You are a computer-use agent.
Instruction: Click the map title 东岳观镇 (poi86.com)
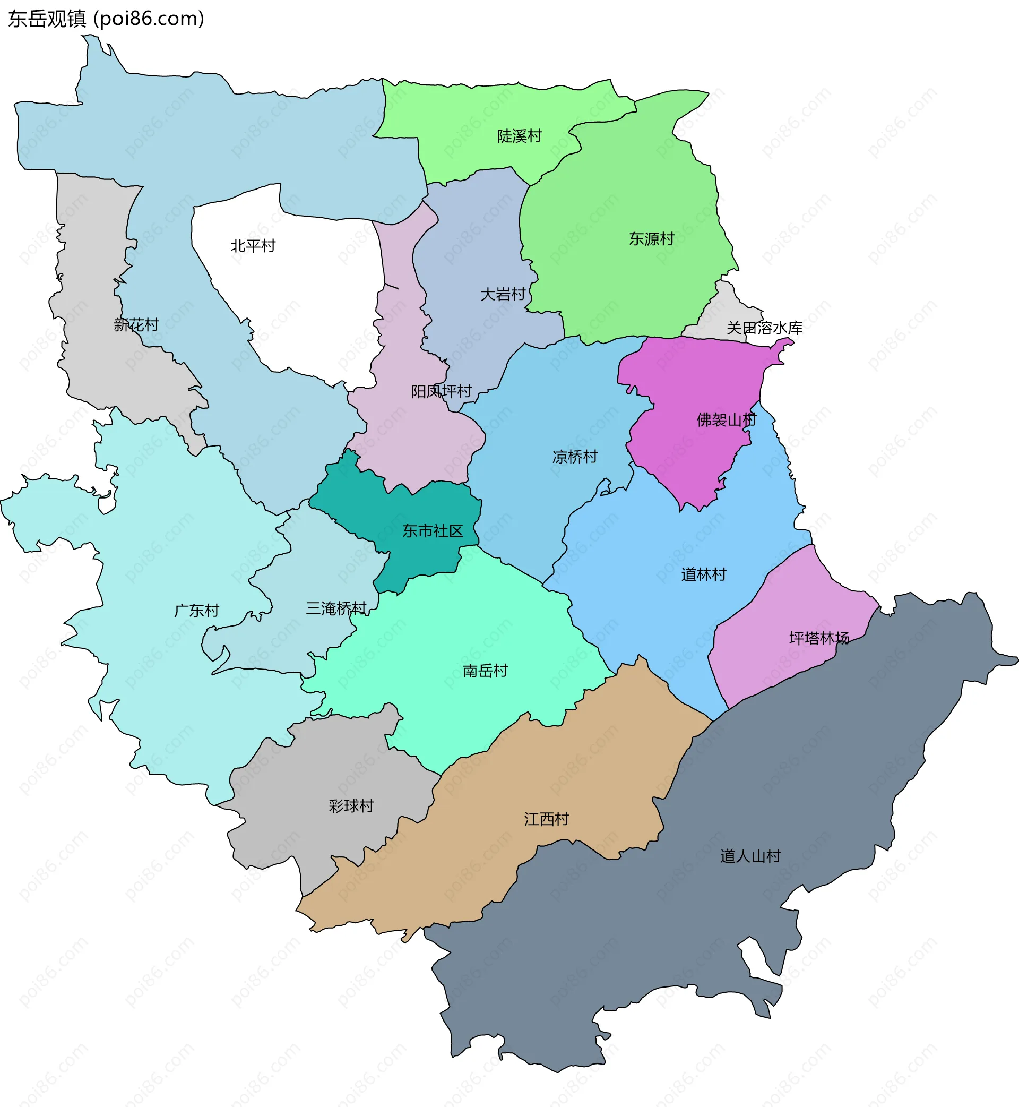[x=106, y=19]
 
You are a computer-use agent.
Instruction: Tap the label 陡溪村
[x=520, y=136]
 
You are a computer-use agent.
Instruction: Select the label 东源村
[x=651, y=239]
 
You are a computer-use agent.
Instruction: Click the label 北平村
[x=253, y=246]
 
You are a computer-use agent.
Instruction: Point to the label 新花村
[x=136, y=325]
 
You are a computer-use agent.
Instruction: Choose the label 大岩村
[x=502, y=295]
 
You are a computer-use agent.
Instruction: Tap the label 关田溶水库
[x=764, y=328]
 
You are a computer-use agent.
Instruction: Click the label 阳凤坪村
[x=441, y=392]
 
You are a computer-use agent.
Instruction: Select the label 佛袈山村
[x=726, y=421]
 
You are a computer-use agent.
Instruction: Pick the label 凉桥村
[x=575, y=457]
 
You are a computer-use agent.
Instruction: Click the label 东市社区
[x=433, y=530]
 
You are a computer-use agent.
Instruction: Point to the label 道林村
[x=703, y=574]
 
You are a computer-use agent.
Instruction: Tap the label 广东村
[x=196, y=611]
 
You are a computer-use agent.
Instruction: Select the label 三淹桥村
[x=336, y=608]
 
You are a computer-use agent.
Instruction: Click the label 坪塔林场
[x=819, y=638]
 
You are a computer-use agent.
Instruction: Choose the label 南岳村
[x=485, y=671]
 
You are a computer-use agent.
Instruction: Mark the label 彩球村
[x=351, y=806]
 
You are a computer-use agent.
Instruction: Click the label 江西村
[x=546, y=819]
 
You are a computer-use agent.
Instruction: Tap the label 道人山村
[x=750, y=856]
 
